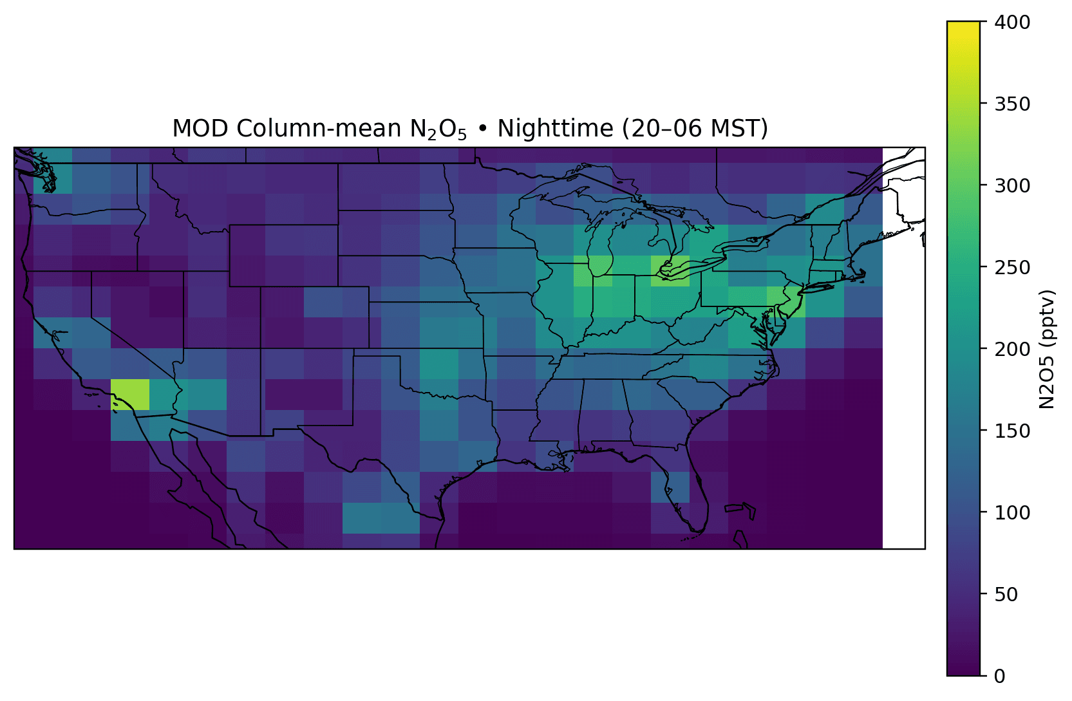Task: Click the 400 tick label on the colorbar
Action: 1012,22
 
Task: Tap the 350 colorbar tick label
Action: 1012,104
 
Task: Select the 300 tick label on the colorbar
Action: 1012,185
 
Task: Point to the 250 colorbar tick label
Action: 1012,267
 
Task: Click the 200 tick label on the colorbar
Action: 1012,349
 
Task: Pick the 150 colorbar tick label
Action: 1012,431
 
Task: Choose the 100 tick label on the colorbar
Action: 1012,512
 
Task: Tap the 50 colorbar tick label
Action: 1006,594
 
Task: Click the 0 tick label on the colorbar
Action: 1000,676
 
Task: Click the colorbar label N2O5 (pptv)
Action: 1047,349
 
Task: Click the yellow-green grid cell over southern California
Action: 130,395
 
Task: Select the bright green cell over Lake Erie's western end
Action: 670,271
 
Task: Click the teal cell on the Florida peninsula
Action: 670,487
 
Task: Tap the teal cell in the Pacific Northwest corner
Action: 53,171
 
